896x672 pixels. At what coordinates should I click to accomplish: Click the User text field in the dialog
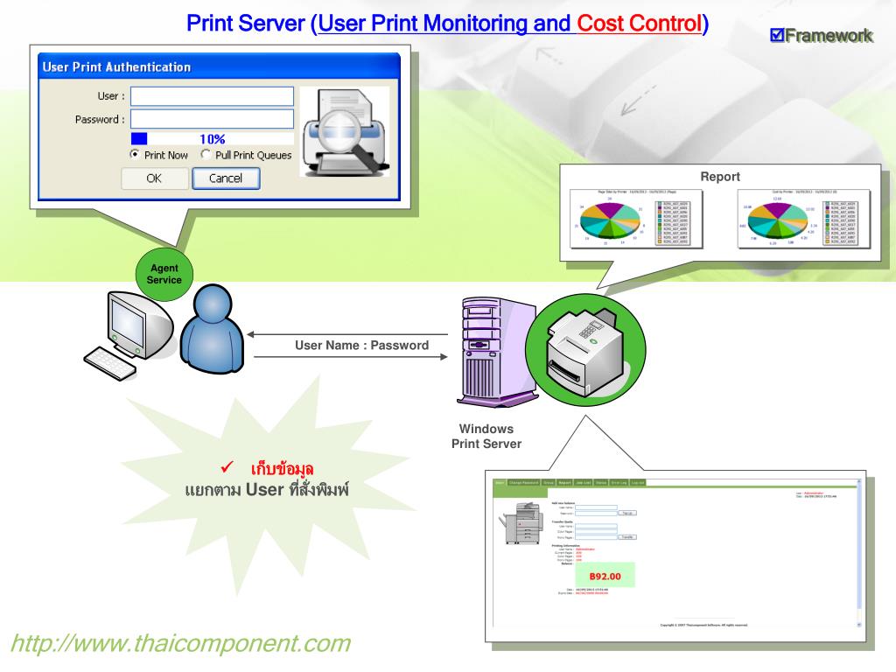click(212, 96)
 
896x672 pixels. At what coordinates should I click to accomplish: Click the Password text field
click(212, 119)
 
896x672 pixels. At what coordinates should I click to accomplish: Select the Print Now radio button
click(136, 155)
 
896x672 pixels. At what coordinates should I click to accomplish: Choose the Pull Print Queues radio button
click(206, 155)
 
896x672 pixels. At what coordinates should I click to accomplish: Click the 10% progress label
click(212, 138)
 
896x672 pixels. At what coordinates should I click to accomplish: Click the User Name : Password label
click(362, 345)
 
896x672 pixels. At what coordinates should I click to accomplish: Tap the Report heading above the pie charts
click(720, 177)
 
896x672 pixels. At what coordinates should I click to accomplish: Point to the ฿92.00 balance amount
click(605, 576)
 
